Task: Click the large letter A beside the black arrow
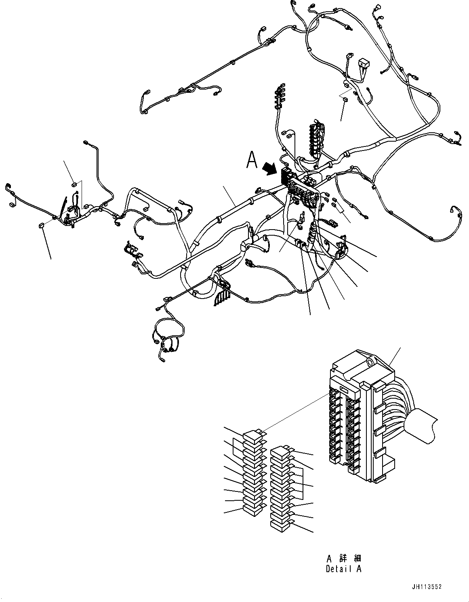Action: [x=252, y=159]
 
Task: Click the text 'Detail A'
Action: [x=343, y=569]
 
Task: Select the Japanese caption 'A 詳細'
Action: [x=343, y=558]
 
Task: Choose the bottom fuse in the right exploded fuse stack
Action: [x=280, y=526]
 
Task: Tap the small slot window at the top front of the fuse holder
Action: [x=345, y=389]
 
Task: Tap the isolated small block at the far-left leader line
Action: [x=41, y=225]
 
